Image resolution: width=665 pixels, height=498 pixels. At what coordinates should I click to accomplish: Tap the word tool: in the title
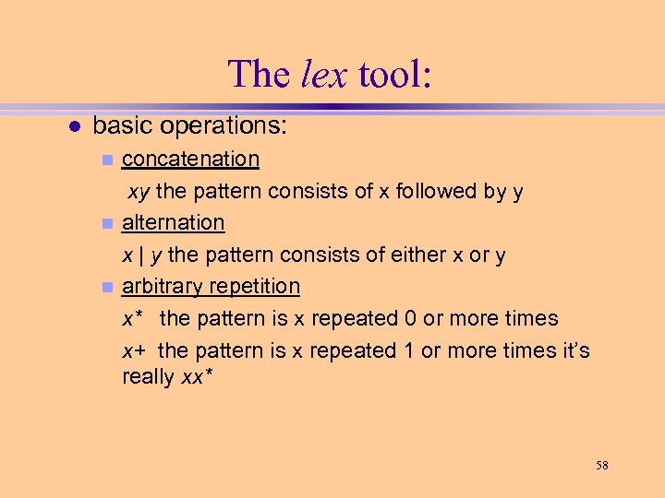coord(393,74)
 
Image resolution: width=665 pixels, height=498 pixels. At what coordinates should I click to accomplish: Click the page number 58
coord(602,465)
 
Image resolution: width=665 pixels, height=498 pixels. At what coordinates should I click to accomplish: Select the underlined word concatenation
coord(190,159)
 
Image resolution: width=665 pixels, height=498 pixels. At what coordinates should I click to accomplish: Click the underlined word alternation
coord(173,222)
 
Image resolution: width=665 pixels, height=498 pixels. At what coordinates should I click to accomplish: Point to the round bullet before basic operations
coord(74,125)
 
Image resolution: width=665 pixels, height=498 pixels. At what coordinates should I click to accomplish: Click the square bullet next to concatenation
coord(107,160)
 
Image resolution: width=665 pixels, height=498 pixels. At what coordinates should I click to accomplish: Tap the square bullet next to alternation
coord(107,223)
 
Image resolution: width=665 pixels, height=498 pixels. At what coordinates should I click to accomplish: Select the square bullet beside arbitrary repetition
coord(107,287)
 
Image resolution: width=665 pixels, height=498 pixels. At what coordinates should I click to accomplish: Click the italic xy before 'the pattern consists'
coord(139,191)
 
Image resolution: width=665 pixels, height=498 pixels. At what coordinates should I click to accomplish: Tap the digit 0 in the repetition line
coord(410,318)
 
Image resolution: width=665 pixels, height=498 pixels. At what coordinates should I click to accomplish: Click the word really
coord(148,376)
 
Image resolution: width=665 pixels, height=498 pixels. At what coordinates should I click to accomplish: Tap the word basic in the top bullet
coord(121,125)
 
